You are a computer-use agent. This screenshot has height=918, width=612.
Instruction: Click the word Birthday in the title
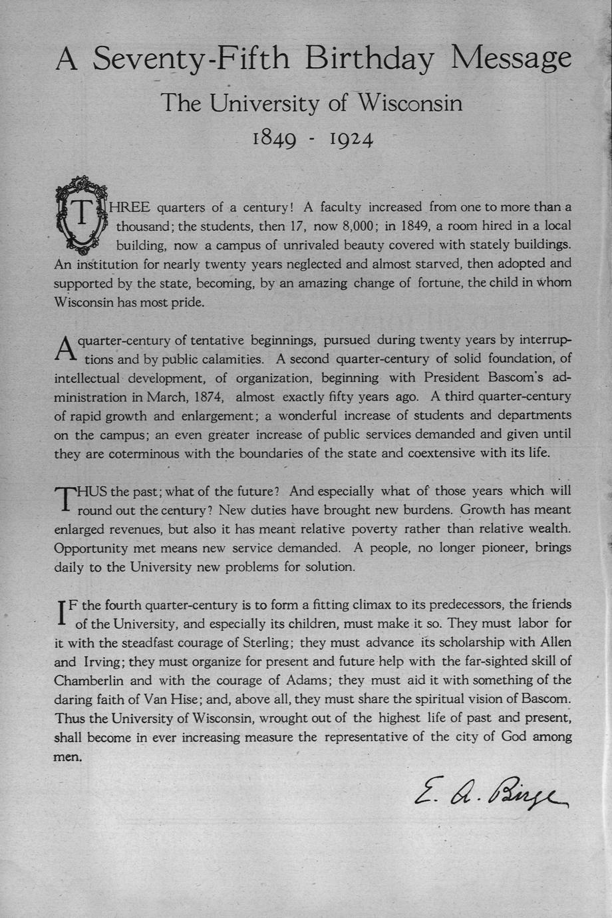(x=369, y=60)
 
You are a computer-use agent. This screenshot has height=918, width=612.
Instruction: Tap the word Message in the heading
(x=511, y=60)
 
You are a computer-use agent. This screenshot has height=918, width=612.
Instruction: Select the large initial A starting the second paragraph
(x=66, y=348)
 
